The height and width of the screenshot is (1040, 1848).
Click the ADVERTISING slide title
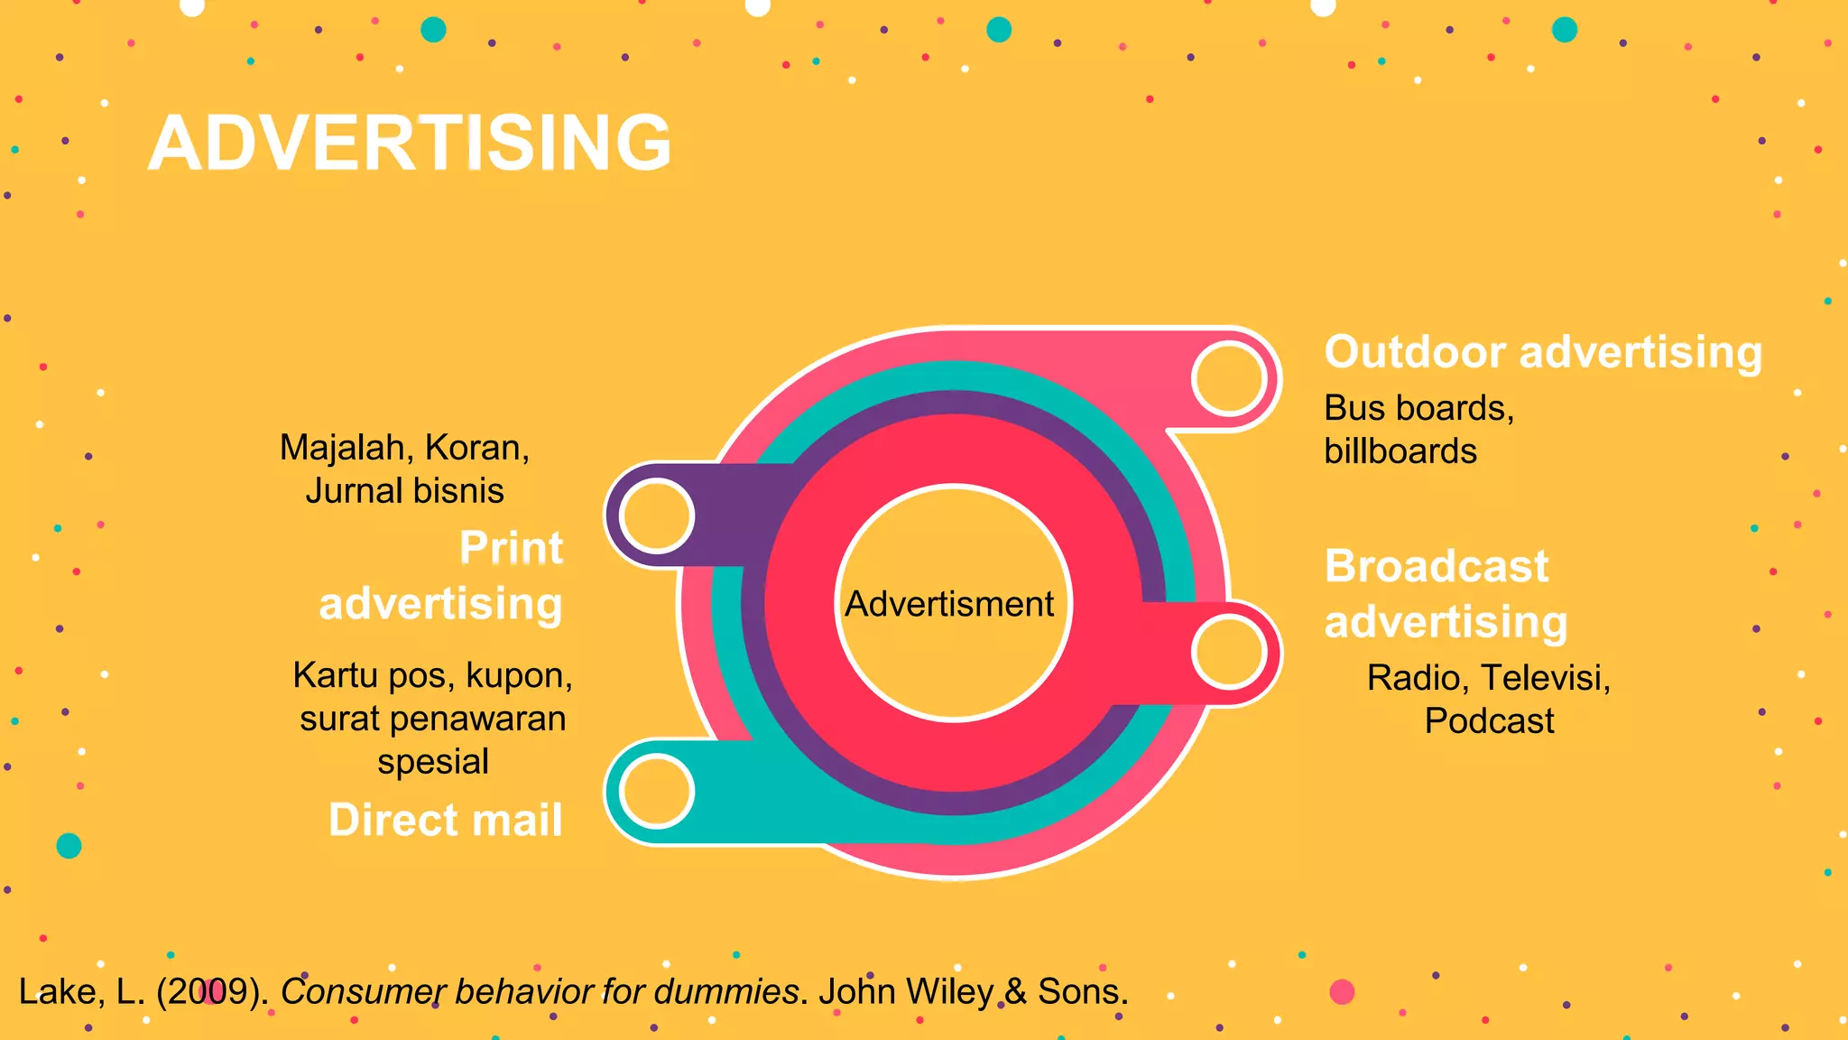pyautogui.click(x=411, y=143)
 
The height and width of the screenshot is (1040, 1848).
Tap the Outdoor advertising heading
pyautogui.click(x=1543, y=352)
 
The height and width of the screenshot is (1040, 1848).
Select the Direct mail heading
pyautogui.click(x=446, y=821)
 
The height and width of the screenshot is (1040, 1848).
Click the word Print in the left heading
pyautogui.click(x=512, y=548)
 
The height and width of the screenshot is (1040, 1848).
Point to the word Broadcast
pyautogui.click(x=1437, y=567)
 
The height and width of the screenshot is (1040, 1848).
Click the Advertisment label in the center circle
pyautogui.click(x=949, y=604)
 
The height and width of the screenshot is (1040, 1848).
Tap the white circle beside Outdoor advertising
pyautogui.click(x=1229, y=378)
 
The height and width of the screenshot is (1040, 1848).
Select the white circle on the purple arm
pyautogui.click(x=657, y=515)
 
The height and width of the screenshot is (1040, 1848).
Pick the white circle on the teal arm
pyautogui.click(x=657, y=791)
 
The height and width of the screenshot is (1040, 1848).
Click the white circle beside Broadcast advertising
pyautogui.click(x=1229, y=651)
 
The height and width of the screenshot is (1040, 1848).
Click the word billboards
pyautogui.click(x=1400, y=451)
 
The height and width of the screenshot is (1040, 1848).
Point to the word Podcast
pyautogui.click(x=1489, y=721)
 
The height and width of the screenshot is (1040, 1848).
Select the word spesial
pyautogui.click(x=433, y=762)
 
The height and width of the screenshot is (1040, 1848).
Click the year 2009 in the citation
pyautogui.click(x=211, y=991)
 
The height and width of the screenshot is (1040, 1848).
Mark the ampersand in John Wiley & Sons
pyautogui.click(x=1015, y=991)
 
